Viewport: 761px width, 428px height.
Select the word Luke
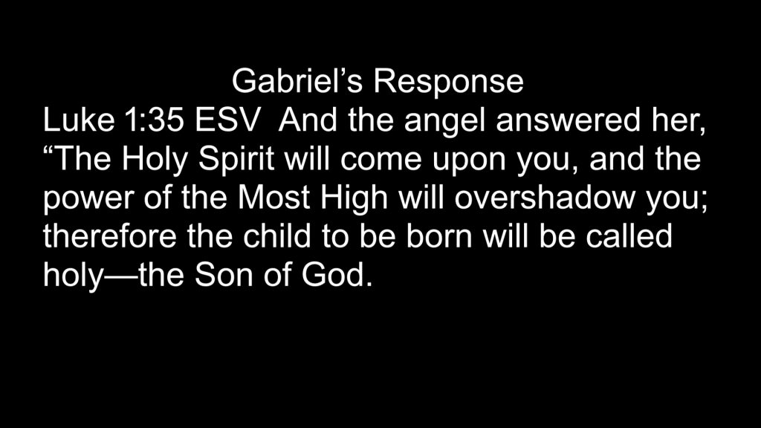(79, 120)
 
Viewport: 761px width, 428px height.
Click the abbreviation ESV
(227, 120)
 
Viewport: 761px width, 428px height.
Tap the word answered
(568, 120)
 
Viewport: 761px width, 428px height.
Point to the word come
(381, 161)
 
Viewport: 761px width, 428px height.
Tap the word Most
(273, 197)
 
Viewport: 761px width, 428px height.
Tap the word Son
(224, 275)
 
